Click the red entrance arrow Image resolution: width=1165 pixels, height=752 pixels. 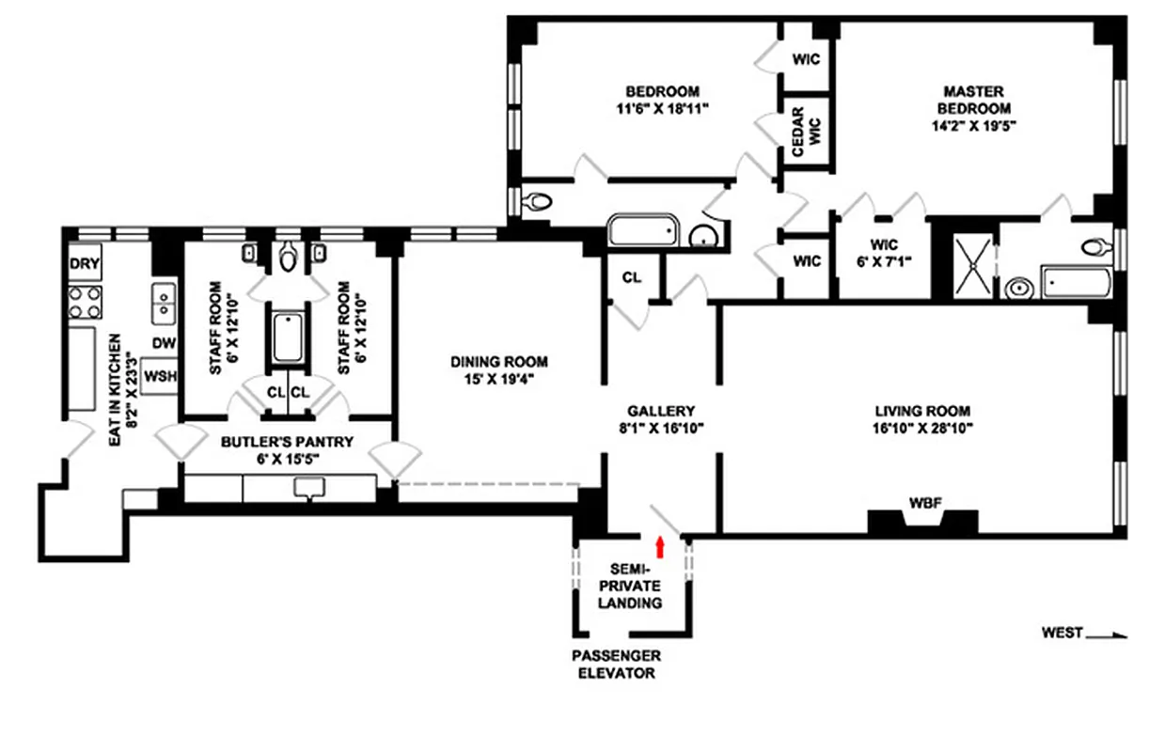pyautogui.click(x=660, y=546)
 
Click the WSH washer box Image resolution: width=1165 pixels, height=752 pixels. pyautogui.click(x=161, y=376)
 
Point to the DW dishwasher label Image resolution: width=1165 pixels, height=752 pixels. pyautogui.click(x=165, y=343)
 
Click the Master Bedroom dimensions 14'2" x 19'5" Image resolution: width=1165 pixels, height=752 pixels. pyautogui.click(x=973, y=123)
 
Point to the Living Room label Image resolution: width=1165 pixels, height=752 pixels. pyautogui.click(x=921, y=411)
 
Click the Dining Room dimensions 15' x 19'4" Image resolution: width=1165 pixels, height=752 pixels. pyautogui.click(x=498, y=379)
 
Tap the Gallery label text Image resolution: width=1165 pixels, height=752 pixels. pyautogui.click(x=661, y=411)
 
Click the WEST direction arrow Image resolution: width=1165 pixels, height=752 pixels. pyautogui.click(x=1106, y=634)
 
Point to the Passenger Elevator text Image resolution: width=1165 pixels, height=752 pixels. pyautogui.click(x=616, y=664)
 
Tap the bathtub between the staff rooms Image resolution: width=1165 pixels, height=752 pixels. pyautogui.click(x=288, y=338)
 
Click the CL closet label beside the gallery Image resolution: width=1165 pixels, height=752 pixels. pyautogui.click(x=632, y=277)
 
